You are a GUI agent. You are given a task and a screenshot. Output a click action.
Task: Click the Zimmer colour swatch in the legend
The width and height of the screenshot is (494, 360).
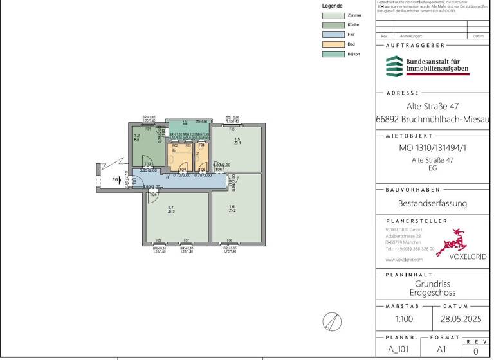tap(332, 15)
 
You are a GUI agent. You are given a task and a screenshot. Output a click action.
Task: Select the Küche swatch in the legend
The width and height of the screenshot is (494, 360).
tap(332, 24)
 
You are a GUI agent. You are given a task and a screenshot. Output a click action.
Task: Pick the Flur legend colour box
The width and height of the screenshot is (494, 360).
tap(332, 35)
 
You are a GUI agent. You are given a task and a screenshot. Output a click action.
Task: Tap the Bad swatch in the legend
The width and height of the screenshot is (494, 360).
tap(332, 44)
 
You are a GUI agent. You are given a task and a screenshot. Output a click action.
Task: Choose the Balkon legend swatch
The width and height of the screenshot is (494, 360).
tap(332, 55)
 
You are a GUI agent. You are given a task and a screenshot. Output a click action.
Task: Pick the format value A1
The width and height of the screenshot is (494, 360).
tap(442, 350)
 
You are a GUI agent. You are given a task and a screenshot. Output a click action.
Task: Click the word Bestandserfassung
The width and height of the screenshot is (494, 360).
tap(432, 203)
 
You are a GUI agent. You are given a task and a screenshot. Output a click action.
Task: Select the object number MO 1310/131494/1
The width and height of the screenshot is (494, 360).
tap(432, 148)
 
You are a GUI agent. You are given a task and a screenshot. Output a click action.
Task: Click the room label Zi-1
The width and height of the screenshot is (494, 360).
tap(237, 143)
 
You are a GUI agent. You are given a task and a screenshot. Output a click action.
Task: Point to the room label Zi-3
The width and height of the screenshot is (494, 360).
tap(171, 211)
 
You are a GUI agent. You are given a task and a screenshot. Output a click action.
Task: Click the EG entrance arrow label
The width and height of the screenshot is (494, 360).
tap(115, 179)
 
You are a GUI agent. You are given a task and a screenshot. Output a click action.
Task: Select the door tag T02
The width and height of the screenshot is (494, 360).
tap(147, 164)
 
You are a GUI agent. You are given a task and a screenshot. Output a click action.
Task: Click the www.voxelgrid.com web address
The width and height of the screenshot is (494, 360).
tap(404, 260)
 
